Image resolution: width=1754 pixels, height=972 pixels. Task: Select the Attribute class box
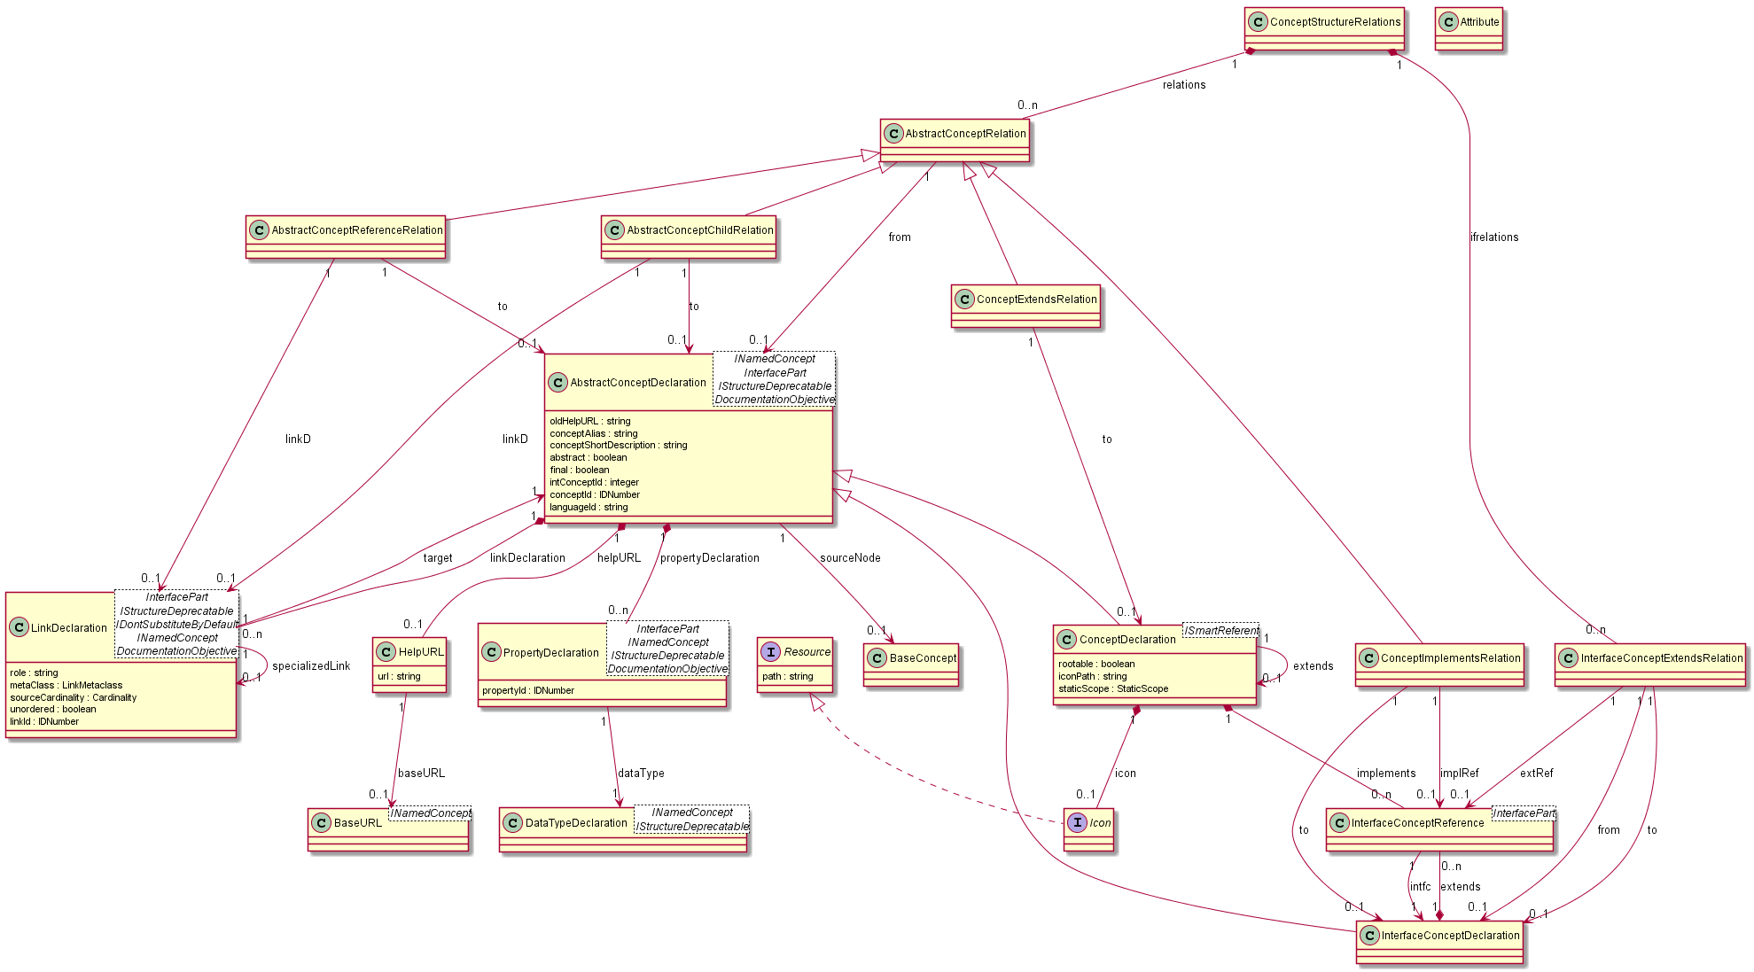[1469, 28]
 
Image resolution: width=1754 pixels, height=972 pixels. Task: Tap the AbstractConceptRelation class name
[965, 134]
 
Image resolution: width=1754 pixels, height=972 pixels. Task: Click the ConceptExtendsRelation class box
[1025, 306]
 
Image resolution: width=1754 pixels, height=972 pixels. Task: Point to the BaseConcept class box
[911, 665]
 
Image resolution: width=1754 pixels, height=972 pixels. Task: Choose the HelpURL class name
[421, 652]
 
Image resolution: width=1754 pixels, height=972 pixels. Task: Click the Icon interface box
[1088, 828]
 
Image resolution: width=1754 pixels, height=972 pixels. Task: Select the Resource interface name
[807, 652]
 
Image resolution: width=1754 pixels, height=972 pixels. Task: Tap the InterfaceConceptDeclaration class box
[1439, 942]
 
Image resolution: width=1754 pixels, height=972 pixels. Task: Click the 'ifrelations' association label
[1494, 237]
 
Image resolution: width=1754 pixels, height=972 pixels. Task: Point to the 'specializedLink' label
[311, 666]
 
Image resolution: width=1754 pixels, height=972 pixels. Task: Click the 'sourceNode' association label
[850, 558]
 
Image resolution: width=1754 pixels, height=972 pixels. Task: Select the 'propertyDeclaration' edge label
[710, 558]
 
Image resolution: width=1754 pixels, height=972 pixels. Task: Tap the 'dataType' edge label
[641, 774]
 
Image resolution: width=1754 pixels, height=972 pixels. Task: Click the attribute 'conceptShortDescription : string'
[618, 446]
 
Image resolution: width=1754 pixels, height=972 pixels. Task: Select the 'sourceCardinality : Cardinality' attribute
[74, 697]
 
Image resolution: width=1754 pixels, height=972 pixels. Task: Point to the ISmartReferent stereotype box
[1220, 631]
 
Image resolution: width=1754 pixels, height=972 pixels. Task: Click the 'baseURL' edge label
[421, 774]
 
